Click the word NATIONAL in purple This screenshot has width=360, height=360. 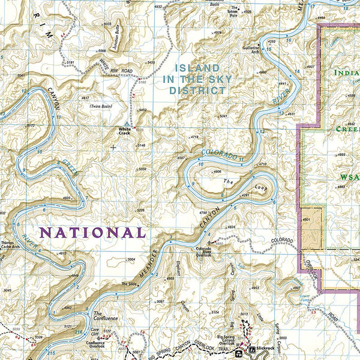click(92, 232)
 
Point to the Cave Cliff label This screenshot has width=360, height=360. click(95, 329)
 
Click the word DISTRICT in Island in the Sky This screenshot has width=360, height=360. click(194, 91)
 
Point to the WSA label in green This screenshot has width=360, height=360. click(348, 178)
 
